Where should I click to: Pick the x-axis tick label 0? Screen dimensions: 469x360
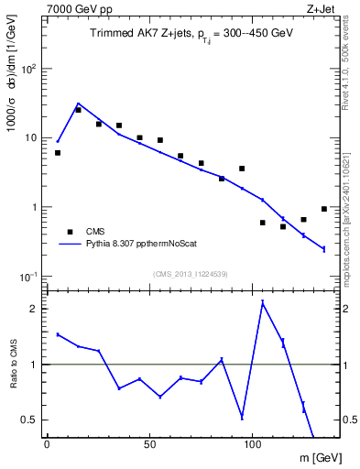point(48,444)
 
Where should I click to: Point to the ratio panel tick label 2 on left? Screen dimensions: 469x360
point(35,309)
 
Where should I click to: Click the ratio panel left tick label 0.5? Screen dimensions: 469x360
point(30,420)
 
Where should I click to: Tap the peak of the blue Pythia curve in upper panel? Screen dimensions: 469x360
point(79,104)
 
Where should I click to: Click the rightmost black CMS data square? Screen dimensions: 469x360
point(324,209)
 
